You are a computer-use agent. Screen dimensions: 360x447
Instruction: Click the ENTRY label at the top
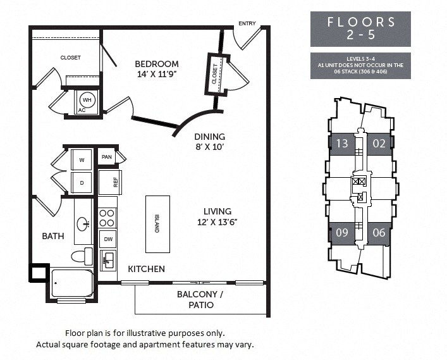click(x=247, y=24)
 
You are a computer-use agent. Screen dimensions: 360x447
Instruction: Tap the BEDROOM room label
click(x=157, y=64)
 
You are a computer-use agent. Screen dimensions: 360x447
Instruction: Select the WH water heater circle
click(x=87, y=100)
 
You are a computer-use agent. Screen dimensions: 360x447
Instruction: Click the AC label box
click(x=82, y=110)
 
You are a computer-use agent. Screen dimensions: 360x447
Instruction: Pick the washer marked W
click(x=82, y=159)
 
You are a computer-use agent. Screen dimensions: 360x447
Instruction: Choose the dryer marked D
click(x=82, y=182)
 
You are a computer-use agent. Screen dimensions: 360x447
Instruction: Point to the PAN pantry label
click(x=107, y=156)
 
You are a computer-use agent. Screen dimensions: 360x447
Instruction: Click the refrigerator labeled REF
click(x=108, y=182)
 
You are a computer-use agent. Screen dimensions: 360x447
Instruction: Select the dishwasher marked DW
click(x=108, y=239)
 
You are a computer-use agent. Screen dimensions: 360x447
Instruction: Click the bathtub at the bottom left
click(x=73, y=283)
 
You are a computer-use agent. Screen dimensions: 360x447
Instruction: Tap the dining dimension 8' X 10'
click(x=209, y=147)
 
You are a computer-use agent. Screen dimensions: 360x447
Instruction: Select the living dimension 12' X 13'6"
click(x=217, y=222)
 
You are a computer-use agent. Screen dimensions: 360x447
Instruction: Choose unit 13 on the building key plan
click(x=341, y=144)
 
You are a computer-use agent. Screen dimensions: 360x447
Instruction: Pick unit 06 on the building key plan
click(x=379, y=232)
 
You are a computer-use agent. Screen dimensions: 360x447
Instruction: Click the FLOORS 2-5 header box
click(x=360, y=28)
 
